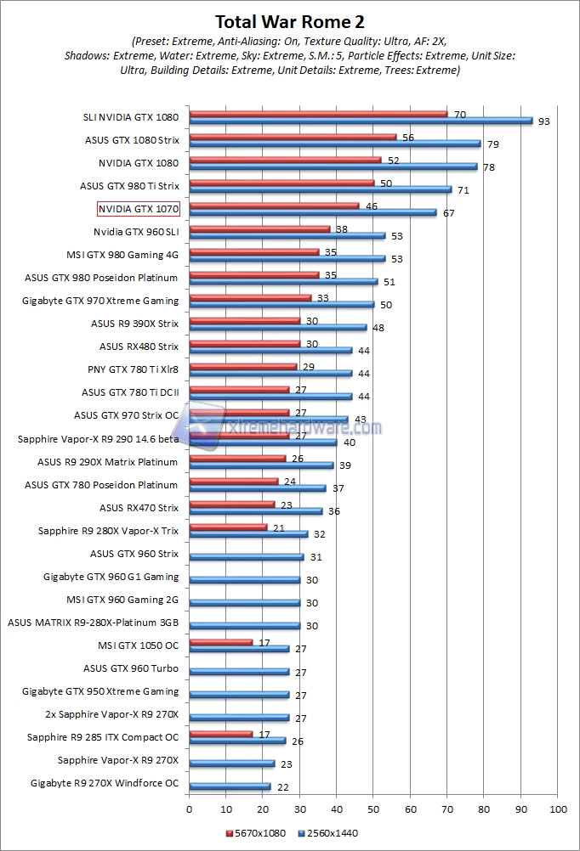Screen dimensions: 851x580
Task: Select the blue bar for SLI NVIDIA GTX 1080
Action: [x=361, y=121]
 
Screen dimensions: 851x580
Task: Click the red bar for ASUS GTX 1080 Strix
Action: [x=293, y=136]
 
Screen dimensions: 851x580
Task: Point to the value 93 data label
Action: [x=543, y=121]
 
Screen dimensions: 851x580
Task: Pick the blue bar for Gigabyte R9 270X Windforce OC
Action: [x=230, y=786]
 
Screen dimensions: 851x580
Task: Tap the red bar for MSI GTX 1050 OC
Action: [x=221, y=641]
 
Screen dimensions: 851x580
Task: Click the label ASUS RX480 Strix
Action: [x=139, y=347]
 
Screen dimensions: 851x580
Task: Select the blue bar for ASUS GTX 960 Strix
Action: [x=247, y=557]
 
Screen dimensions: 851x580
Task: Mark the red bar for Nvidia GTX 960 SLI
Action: [x=259, y=228]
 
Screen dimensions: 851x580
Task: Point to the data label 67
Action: [x=448, y=213]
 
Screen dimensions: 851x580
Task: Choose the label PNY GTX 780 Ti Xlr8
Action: [x=134, y=369]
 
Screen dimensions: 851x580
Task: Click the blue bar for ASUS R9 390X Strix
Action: [x=278, y=327]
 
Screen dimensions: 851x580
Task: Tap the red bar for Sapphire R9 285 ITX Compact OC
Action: [x=221, y=733]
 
